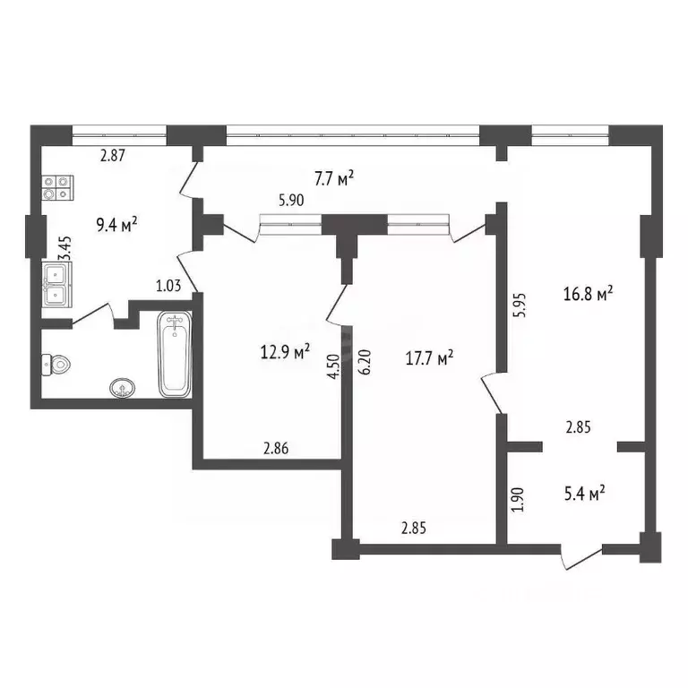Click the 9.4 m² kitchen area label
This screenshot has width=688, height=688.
point(116,225)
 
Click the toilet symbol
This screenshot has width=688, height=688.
point(56,365)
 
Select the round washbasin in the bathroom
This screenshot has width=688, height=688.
point(123,388)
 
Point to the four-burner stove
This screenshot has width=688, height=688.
point(56,187)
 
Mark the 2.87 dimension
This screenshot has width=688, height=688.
point(113,156)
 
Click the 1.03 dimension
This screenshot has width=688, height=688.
point(169,286)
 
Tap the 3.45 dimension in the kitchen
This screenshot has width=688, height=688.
point(64,247)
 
